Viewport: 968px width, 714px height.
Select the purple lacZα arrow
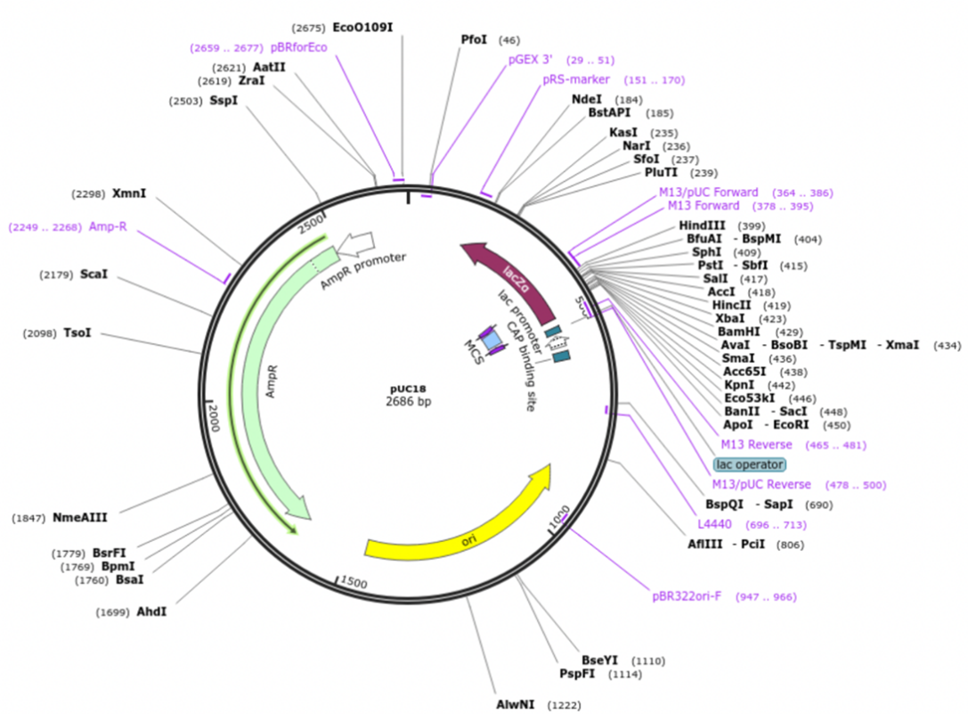click(508, 275)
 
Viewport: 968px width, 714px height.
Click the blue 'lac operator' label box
click(749, 464)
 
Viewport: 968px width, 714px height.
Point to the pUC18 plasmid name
click(407, 389)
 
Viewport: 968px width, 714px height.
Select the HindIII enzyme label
click(702, 226)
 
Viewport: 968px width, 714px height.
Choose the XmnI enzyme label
click(129, 193)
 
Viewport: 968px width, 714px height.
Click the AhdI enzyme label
click(151, 612)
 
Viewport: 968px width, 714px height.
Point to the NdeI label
click(587, 100)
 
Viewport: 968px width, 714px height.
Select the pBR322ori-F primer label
click(688, 596)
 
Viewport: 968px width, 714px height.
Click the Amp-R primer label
click(108, 226)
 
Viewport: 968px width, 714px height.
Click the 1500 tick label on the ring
click(354, 582)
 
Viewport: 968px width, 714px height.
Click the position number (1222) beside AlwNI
click(565, 705)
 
